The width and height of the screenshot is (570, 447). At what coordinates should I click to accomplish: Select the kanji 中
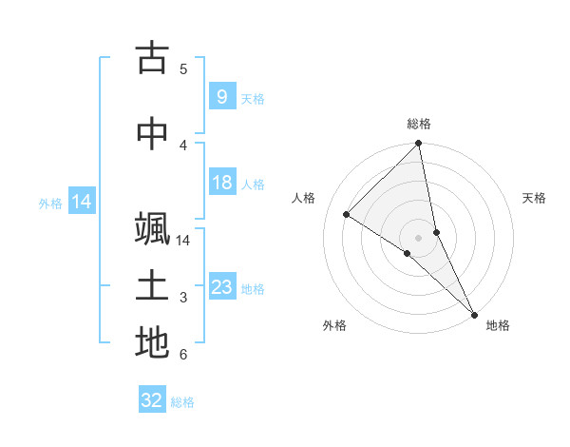coord(152,134)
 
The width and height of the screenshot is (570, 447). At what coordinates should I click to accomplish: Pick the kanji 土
coord(152,287)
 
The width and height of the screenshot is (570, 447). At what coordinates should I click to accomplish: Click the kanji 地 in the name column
coord(152,342)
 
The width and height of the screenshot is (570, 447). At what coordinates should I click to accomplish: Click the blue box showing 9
coord(221,96)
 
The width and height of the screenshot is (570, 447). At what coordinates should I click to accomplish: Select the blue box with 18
coord(222,184)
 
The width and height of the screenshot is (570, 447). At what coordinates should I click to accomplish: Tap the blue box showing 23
coord(222,287)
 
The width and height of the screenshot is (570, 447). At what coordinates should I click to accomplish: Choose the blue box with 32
coord(152,400)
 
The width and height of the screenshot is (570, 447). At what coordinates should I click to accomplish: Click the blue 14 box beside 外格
coord(81,202)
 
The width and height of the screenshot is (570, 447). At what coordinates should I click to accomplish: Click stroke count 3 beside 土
coord(183,298)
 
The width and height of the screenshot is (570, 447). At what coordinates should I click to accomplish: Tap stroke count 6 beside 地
coord(183,355)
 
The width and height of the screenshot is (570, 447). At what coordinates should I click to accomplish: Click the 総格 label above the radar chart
coord(419,124)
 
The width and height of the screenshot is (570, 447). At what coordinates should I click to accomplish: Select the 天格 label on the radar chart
coord(534,198)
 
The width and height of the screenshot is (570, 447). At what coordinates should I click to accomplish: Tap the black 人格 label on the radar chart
coord(303,198)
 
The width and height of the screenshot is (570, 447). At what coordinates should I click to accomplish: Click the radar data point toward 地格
coord(474,313)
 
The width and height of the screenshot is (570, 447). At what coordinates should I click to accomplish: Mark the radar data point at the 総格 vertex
coord(419,145)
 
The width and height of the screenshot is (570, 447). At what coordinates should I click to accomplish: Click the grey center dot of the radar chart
coord(419,237)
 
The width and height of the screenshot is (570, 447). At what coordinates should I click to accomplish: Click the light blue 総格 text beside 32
coord(182,402)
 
